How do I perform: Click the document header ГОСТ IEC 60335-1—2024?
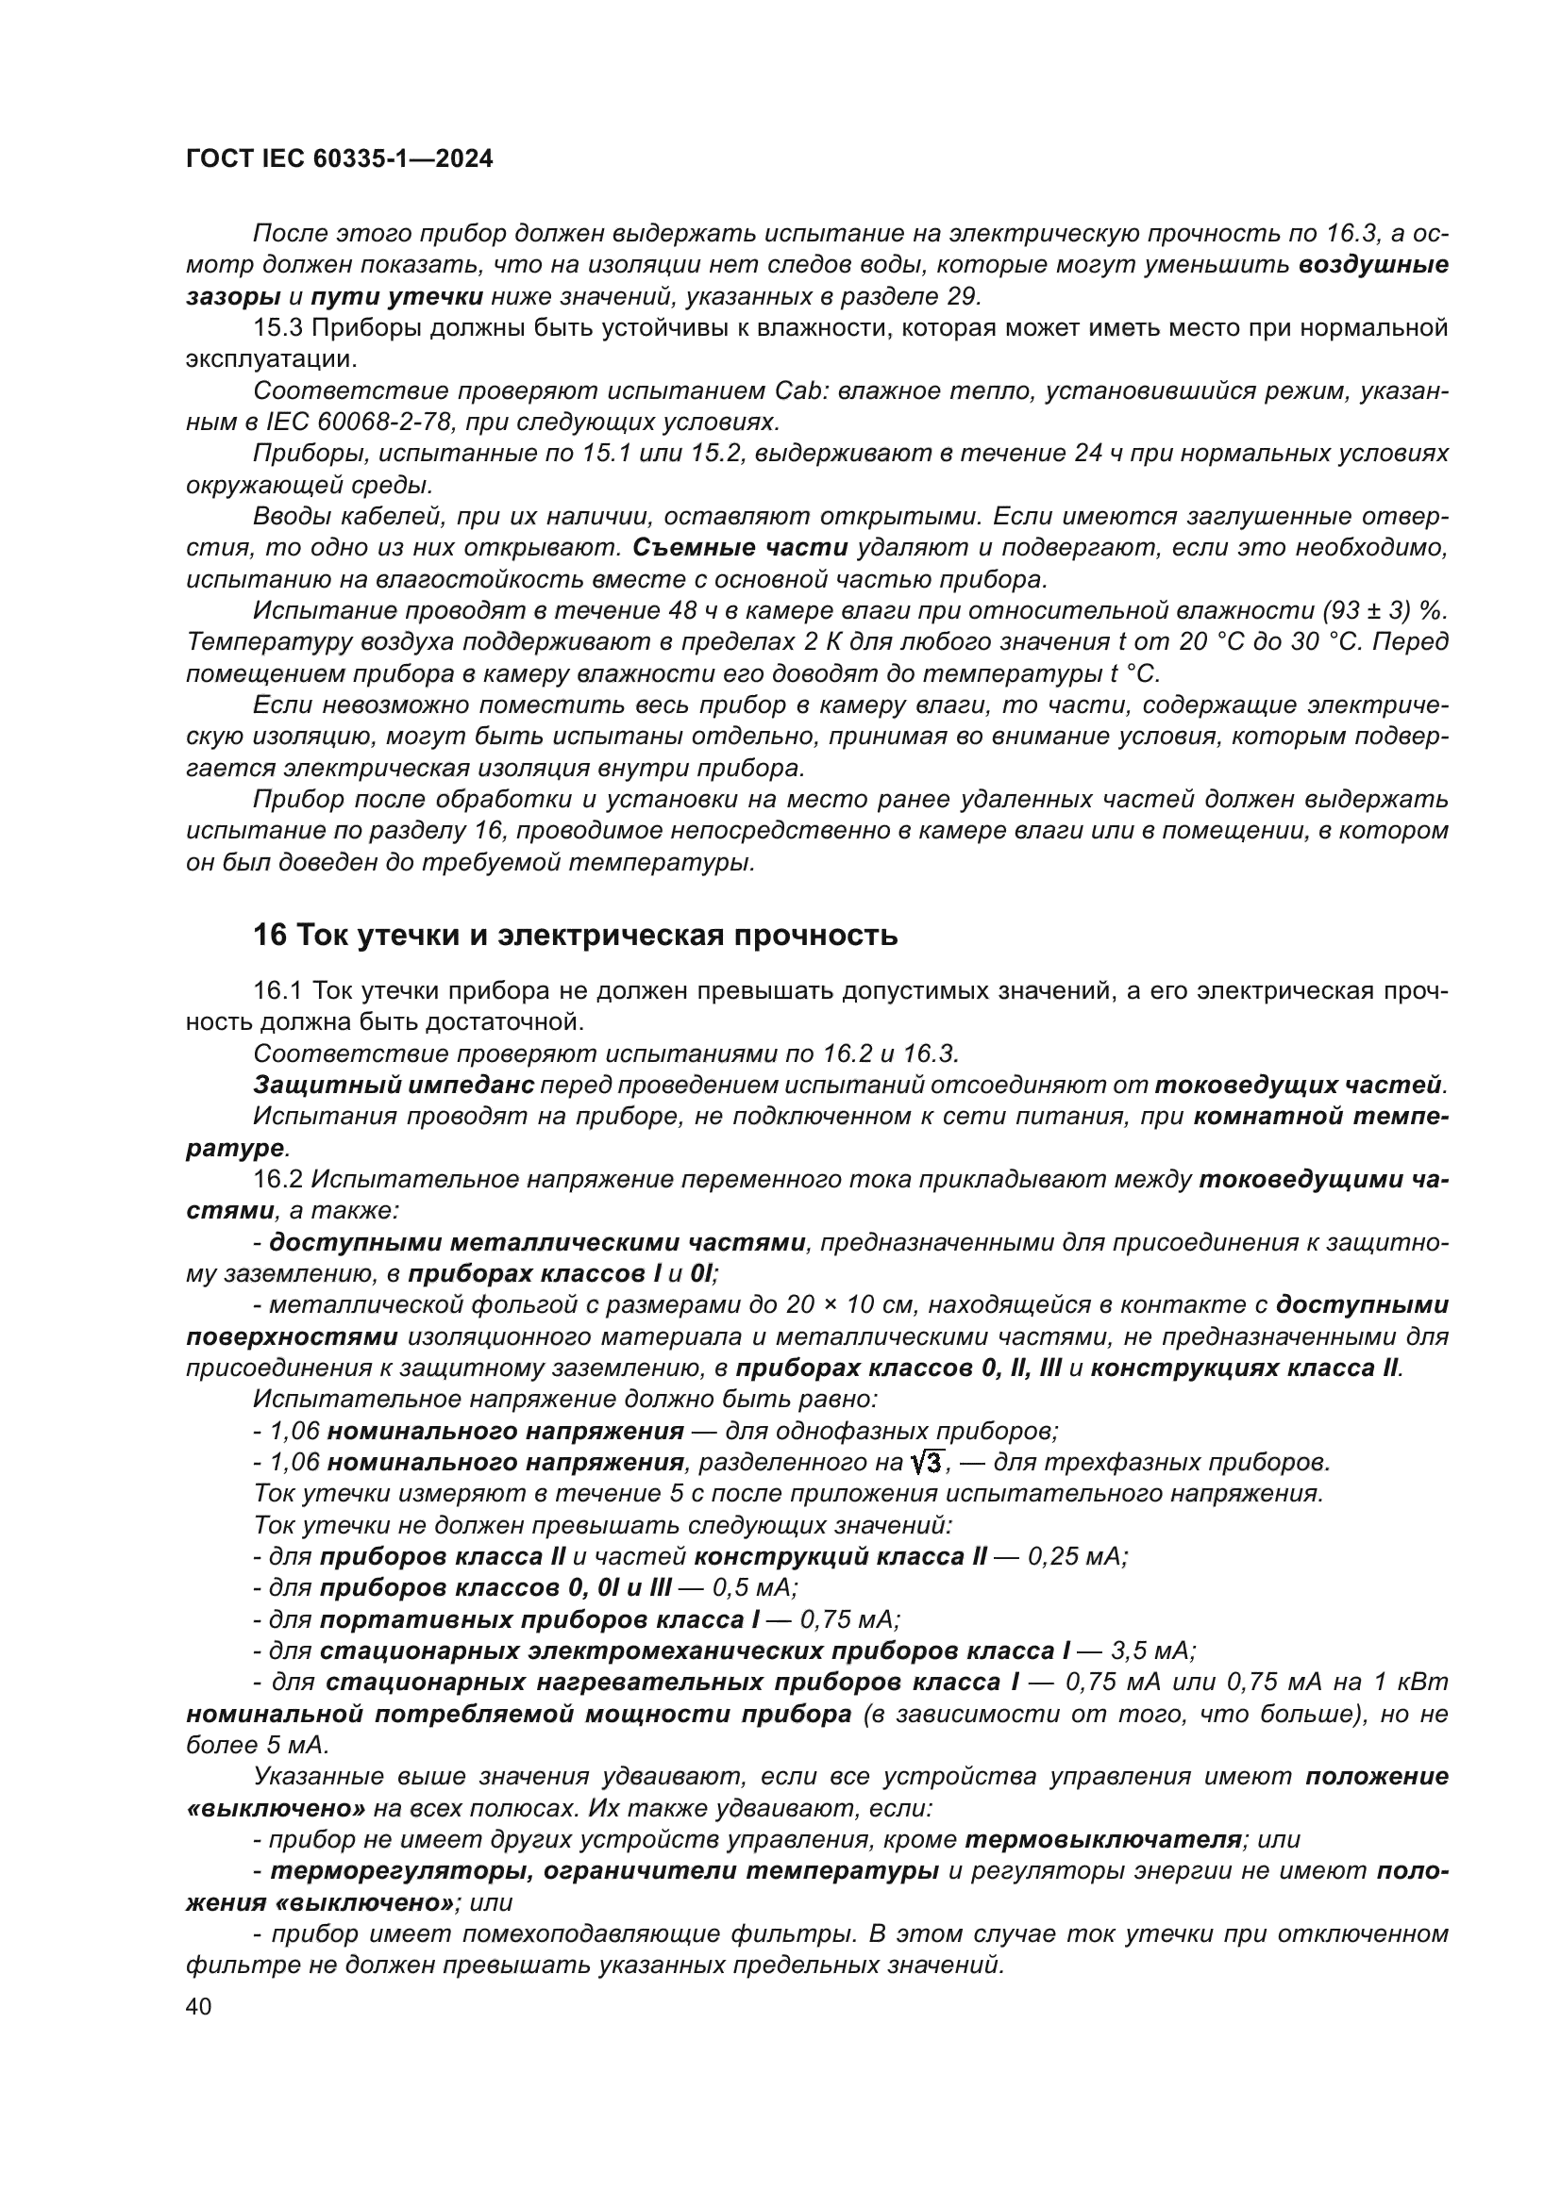(x=340, y=159)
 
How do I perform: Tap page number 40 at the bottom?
(x=199, y=2008)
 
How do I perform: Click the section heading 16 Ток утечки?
(x=575, y=935)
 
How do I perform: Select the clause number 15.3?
(x=277, y=328)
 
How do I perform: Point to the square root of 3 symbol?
(x=928, y=1464)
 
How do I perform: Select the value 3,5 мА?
(x=1152, y=1651)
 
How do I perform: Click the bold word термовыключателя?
(x=1102, y=1840)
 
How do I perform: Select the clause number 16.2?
(x=277, y=1180)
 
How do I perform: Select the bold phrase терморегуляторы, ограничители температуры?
(x=605, y=1870)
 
